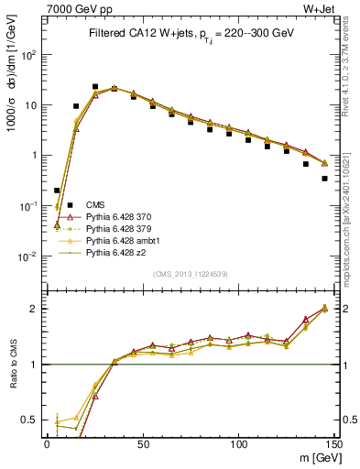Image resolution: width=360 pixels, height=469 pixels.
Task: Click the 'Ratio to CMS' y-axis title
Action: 12,362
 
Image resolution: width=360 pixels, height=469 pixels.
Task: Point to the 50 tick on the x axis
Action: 142,443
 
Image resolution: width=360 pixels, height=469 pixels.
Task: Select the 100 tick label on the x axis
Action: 238,443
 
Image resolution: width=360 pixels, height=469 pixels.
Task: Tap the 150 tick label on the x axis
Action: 333,443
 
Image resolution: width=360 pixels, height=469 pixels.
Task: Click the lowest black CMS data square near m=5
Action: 57,191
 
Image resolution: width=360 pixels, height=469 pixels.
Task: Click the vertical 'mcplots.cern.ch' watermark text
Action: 349,229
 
